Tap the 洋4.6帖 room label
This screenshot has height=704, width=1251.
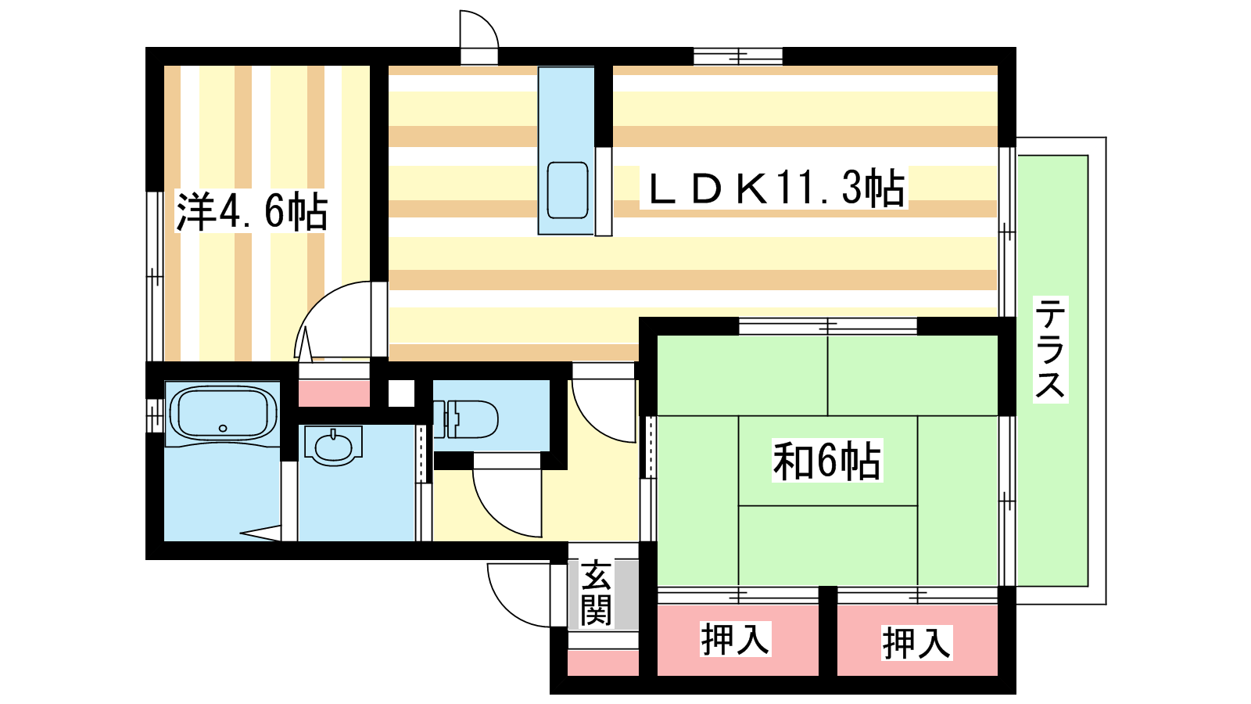pos(252,210)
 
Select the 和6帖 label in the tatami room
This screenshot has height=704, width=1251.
pos(827,461)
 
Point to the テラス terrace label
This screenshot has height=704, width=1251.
pos(1050,349)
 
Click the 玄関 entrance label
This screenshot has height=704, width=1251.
pos(596,593)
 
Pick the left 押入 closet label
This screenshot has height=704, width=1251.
pos(735,640)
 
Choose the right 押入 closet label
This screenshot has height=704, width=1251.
pos(916,644)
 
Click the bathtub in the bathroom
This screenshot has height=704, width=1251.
pos(224,414)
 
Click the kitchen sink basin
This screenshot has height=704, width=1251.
pos(568,190)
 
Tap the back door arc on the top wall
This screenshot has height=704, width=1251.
pos(479,31)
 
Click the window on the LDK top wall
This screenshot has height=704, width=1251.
pos(738,56)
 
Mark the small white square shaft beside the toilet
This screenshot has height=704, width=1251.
pos(401,393)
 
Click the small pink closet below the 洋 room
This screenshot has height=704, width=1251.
pos(334,393)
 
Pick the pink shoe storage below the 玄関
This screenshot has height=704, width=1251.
pos(603,662)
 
